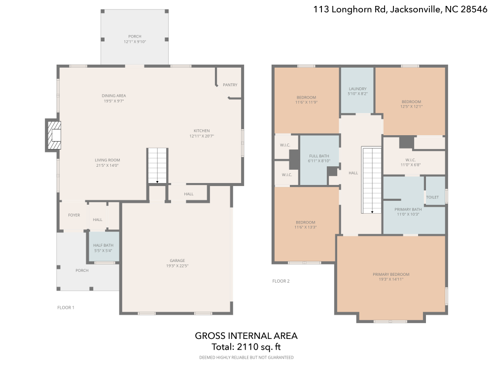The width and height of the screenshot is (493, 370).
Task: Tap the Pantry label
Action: (x=230, y=85)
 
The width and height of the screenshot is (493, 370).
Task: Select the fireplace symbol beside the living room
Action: (x=54, y=134)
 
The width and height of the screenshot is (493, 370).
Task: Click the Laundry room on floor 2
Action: (x=357, y=91)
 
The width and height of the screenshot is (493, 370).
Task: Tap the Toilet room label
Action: (x=432, y=197)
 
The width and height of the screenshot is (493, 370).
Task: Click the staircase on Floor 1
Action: (x=158, y=165)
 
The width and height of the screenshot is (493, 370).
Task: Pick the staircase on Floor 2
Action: (x=372, y=180)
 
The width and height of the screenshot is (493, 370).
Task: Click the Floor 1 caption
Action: (x=66, y=307)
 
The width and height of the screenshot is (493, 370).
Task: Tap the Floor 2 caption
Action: (x=281, y=281)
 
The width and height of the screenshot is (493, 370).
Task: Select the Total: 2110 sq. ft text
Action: (x=246, y=346)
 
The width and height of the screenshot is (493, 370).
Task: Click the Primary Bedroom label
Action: (x=391, y=274)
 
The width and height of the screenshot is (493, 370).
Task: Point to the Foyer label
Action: (x=74, y=215)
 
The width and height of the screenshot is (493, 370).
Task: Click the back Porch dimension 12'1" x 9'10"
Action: (x=135, y=42)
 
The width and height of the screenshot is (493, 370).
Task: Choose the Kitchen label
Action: (x=202, y=131)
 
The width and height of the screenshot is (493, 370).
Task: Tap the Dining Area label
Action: (x=114, y=96)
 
